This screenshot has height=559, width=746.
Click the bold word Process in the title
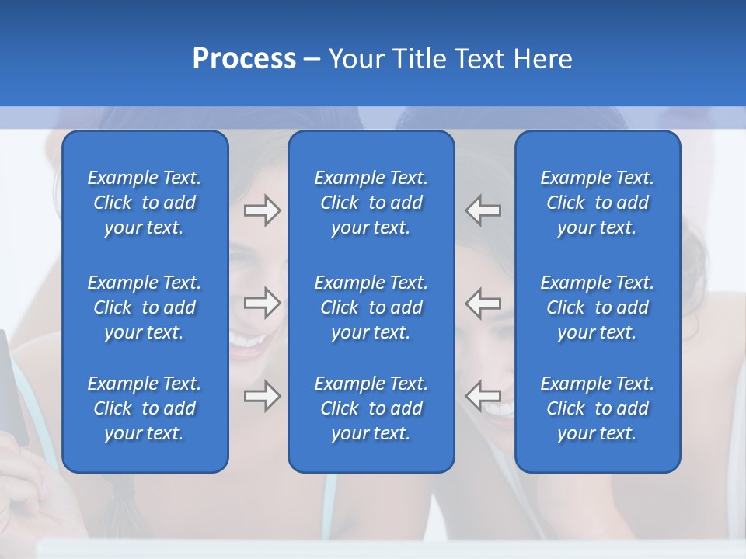244,59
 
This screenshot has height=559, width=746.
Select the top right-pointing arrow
262,210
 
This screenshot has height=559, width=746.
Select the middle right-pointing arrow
262,303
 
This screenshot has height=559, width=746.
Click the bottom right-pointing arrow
262,396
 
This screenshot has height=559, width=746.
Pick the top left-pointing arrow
483,210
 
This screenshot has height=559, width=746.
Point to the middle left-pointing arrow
483,303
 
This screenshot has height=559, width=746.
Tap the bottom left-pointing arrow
483,396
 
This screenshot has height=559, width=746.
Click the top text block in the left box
145,203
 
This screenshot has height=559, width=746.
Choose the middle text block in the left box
145,307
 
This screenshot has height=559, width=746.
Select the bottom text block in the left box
145,408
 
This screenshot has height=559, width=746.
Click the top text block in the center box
371,203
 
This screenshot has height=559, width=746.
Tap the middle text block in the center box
371,307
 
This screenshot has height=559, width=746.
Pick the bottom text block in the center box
371,408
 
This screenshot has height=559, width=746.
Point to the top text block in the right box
598,203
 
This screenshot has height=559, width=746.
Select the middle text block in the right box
598,307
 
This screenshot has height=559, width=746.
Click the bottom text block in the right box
598,408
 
